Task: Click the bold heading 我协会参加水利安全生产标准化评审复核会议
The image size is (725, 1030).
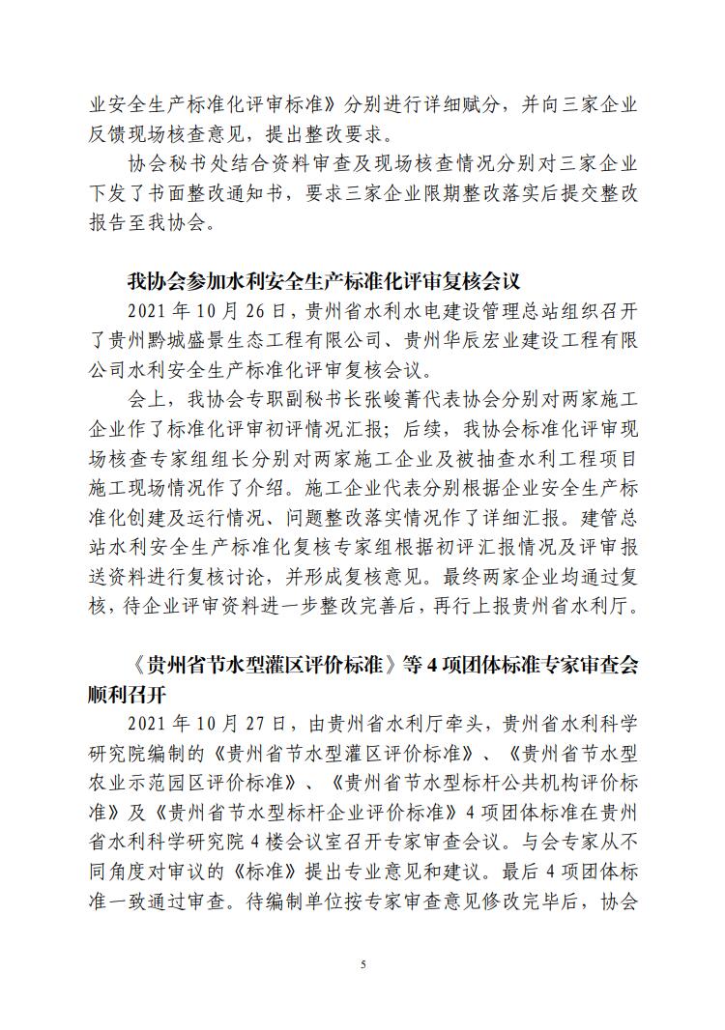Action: point(324,282)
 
